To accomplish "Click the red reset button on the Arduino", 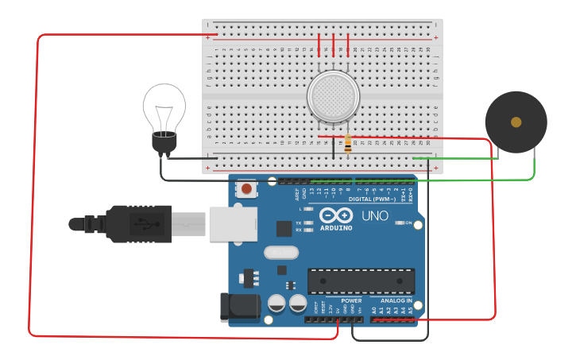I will [247, 189].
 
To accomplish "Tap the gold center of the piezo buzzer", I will [516, 122].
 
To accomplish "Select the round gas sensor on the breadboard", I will [333, 97].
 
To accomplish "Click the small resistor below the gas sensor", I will [348, 144].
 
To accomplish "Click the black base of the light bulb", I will [164, 144].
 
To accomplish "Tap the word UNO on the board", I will [374, 215].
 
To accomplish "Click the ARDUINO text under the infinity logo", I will [336, 228].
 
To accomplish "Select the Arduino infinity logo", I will [336, 215].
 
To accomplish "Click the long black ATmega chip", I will [361, 281].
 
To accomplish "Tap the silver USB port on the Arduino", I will [234, 224].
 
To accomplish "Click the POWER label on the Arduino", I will [351, 301].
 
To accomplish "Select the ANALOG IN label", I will [396, 301].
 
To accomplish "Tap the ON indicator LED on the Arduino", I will [400, 223].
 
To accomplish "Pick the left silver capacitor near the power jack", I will [277, 303].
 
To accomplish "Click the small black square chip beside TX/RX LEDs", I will [284, 228].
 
